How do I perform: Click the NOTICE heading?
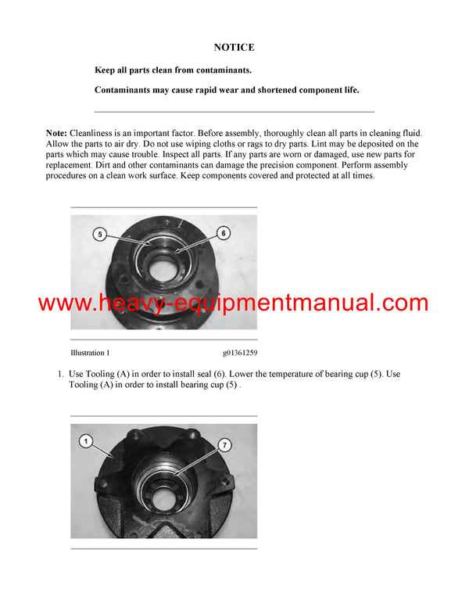click(234, 47)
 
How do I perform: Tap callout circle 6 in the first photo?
click(223, 233)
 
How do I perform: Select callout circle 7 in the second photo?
click(224, 445)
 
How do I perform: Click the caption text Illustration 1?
click(90, 353)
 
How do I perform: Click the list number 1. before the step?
click(60, 374)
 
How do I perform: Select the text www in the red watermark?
click(63, 303)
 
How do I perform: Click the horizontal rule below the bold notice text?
click(234, 111)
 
